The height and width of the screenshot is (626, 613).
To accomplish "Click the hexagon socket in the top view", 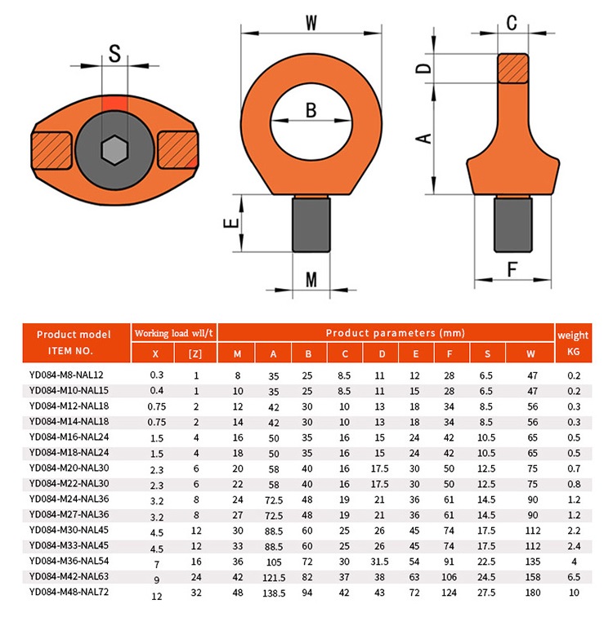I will (x=114, y=149).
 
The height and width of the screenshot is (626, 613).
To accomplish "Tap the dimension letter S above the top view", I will (x=114, y=55).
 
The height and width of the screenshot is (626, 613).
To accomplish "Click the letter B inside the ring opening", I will (x=311, y=110).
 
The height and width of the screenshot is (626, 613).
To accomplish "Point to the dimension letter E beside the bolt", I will (x=231, y=223).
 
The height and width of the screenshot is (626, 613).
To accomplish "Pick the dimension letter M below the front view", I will (x=311, y=279).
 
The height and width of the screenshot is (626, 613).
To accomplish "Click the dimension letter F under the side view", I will (x=512, y=268).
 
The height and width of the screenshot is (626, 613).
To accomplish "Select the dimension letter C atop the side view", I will (x=512, y=23).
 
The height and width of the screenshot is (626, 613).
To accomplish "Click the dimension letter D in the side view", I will (x=423, y=68).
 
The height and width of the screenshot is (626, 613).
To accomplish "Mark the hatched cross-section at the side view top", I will (x=512, y=68).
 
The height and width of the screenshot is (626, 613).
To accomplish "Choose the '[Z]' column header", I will (x=195, y=353).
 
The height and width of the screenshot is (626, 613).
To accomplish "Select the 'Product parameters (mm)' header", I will (x=384, y=333).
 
